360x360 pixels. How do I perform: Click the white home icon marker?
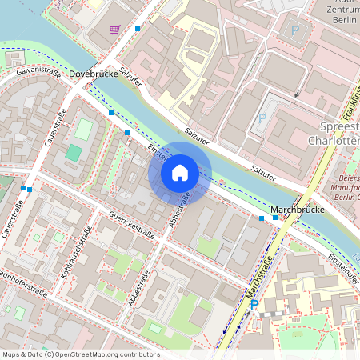[180, 172]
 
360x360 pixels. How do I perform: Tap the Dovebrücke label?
[93, 74]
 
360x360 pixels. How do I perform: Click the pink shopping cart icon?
[116, 30]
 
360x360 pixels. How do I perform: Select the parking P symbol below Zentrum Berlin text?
[294, 32]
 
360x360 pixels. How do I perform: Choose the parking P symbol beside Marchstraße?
[254, 305]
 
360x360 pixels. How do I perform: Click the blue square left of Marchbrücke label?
[262, 217]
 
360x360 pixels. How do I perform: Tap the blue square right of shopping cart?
[138, 29]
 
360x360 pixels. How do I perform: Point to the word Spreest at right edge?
[333, 126]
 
